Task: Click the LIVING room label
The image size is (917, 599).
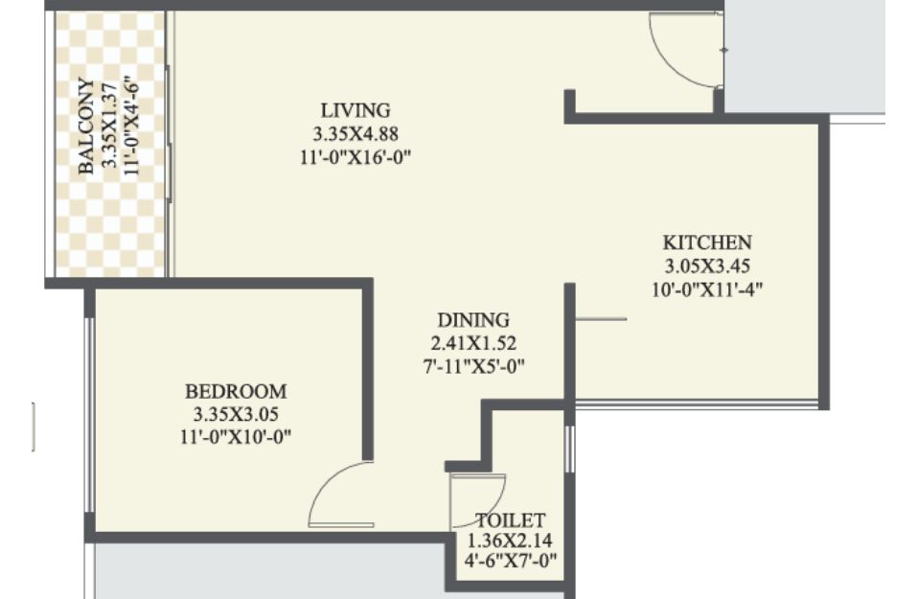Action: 355,110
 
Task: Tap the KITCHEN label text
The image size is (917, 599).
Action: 707,242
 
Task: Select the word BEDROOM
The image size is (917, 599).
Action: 236,391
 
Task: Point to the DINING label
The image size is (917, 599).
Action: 473,320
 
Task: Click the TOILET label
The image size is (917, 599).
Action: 511,520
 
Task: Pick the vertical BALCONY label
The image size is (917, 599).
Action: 86,127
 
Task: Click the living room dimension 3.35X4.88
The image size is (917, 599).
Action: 355,134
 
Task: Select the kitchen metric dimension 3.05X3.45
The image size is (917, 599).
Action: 707,266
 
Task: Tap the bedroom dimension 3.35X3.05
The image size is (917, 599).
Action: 236,415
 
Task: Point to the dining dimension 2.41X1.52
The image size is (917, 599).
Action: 473,343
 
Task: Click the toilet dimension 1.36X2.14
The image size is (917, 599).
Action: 510,540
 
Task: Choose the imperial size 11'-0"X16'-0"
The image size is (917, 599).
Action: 355,157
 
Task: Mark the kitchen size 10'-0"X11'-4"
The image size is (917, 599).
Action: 707,289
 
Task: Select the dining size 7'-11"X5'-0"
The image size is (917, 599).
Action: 473,367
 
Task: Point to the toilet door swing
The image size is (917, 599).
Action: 497,499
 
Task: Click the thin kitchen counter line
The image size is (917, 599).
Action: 601,319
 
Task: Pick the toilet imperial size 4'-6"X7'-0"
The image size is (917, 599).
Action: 511,562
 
